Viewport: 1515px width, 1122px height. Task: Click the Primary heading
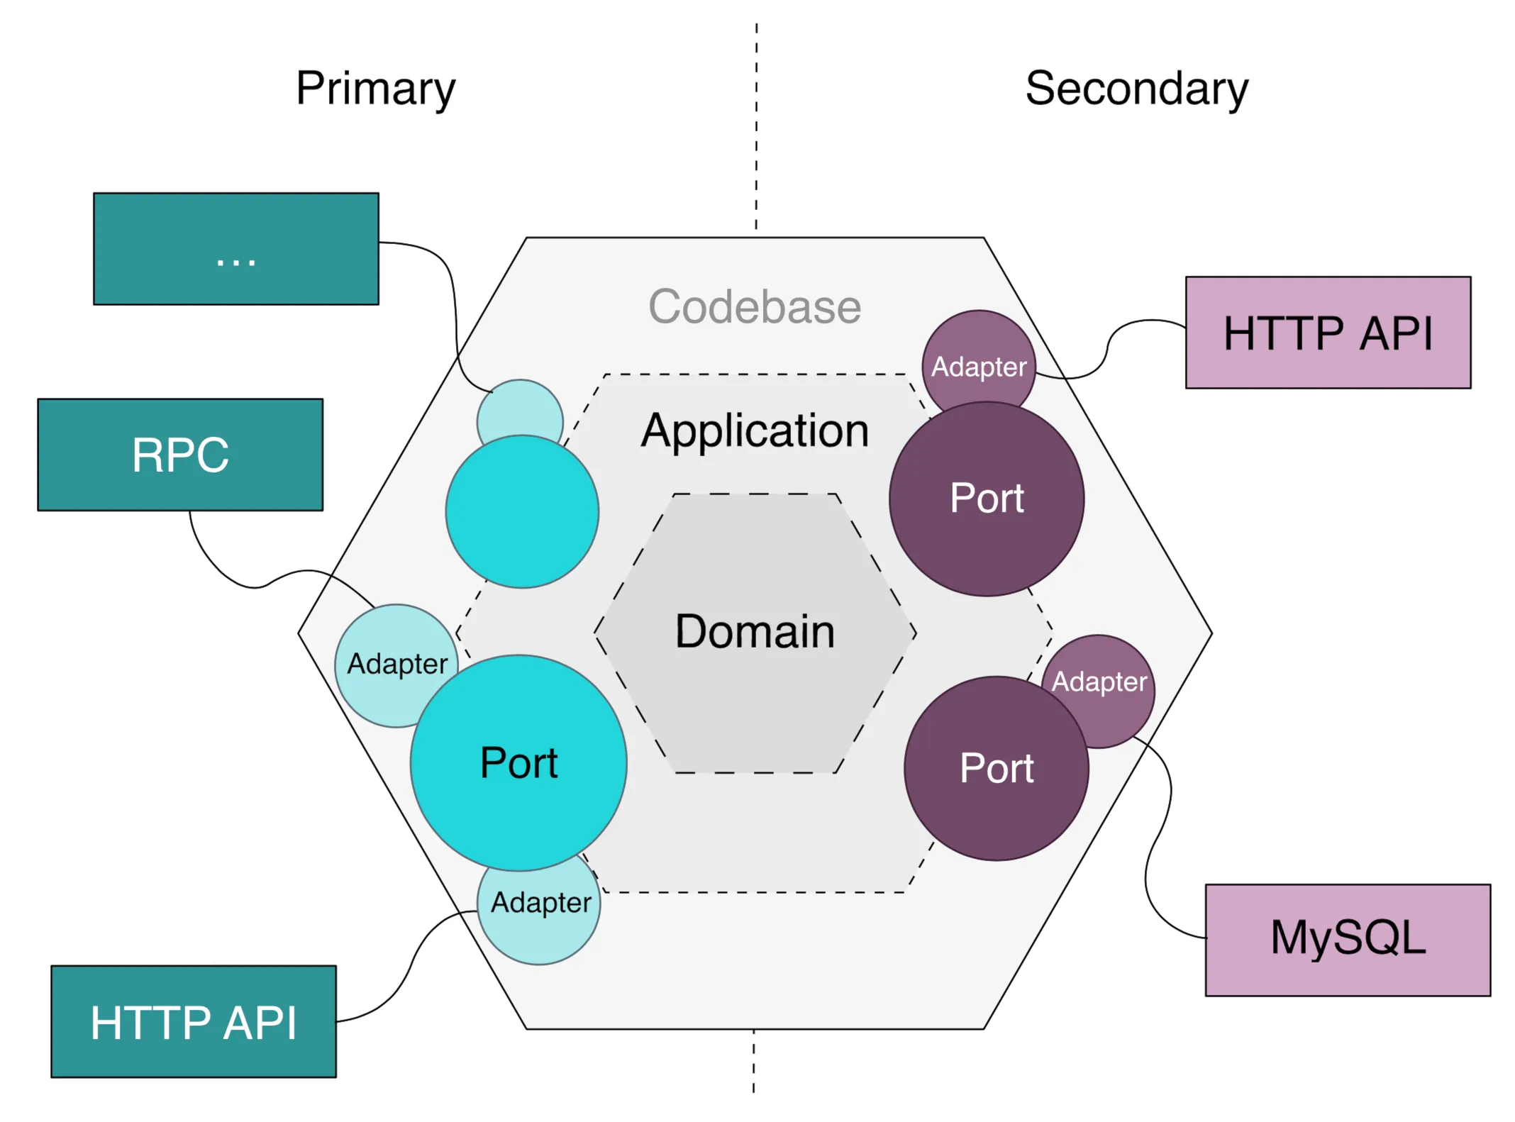coord(375,89)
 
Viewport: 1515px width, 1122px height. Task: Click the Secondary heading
coord(1136,89)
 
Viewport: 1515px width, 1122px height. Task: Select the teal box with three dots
coord(235,249)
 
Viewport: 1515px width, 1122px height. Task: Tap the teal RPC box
coord(180,455)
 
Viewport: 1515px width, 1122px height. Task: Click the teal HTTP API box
coord(193,1021)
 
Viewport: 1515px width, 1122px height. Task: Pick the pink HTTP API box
coord(1328,333)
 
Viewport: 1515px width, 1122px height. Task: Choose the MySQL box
coord(1347,940)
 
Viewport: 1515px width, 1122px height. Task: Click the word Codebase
coord(755,306)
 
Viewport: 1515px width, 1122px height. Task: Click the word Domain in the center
coord(755,631)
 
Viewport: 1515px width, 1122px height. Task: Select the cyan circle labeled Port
coord(518,762)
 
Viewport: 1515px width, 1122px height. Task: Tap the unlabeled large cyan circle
coord(522,511)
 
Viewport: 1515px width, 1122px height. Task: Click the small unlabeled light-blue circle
coord(520,408)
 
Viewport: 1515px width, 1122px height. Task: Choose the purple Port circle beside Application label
coord(987,499)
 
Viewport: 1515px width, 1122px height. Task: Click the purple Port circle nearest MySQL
coord(996,768)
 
